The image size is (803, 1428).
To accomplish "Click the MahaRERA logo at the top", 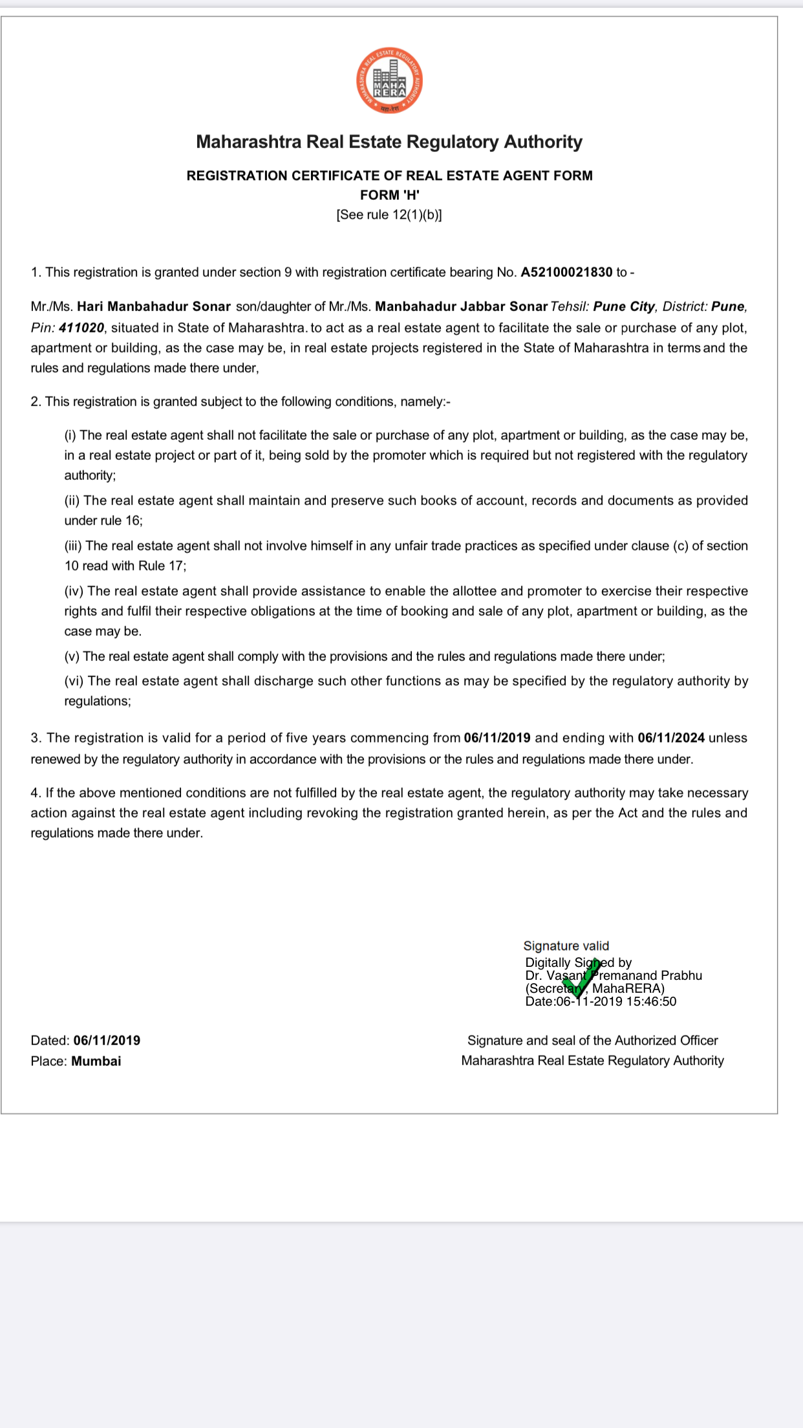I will (389, 81).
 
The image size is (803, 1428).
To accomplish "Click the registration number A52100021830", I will (566, 272).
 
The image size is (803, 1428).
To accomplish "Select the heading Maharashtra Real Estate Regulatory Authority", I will (389, 142).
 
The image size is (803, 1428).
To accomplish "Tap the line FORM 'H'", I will (389, 195).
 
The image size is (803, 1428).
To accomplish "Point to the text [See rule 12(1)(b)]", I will (389, 215).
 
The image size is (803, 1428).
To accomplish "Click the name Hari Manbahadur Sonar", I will (154, 307).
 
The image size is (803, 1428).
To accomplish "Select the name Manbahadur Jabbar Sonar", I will (461, 307).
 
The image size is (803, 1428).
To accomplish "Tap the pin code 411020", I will (81, 328).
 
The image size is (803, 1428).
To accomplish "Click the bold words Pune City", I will (624, 307).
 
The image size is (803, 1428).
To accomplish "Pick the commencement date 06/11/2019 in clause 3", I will (497, 738).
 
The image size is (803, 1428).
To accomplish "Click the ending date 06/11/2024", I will (671, 738).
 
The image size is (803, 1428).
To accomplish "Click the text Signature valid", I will (566, 946).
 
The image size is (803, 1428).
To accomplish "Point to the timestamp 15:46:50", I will (651, 1002).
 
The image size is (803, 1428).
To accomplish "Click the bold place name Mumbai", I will (96, 1061).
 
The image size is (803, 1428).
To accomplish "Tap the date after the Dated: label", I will (107, 1041).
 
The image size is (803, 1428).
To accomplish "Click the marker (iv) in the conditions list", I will (73, 591).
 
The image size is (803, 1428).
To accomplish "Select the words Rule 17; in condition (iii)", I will (162, 566).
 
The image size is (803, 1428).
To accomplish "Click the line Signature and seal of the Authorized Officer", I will (592, 1041).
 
